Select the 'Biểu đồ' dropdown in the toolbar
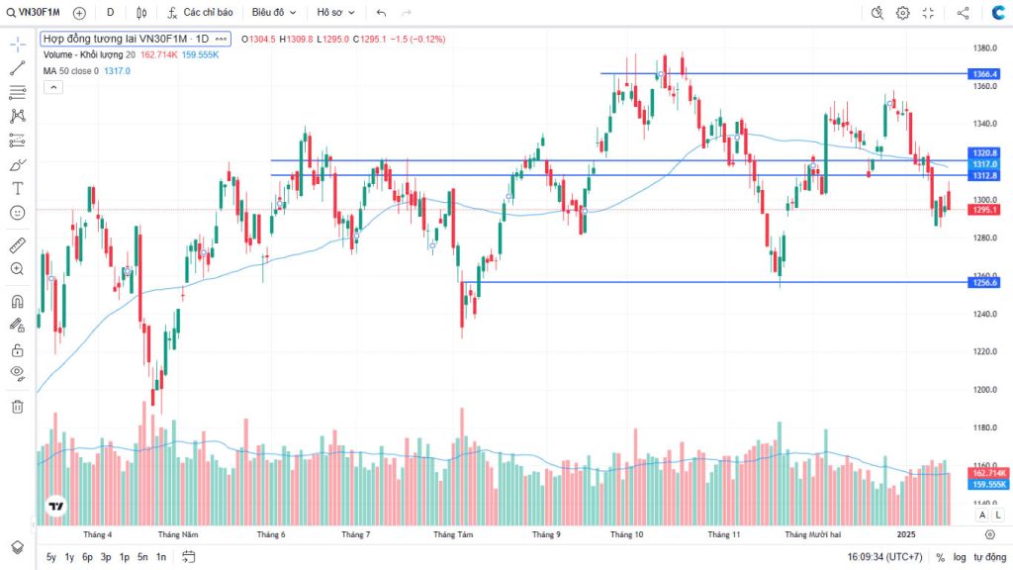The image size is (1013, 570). tap(273, 13)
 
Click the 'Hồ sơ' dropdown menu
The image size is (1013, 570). tap(335, 13)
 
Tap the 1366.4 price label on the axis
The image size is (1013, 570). tap(986, 74)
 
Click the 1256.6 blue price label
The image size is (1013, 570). tap(986, 282)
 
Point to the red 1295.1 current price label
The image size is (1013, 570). tap(986, 210)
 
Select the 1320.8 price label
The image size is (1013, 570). tap(986, 153)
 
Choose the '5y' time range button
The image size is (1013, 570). tap(51, 557)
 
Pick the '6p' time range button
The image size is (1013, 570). tap(87, 557)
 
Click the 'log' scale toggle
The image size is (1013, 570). tap(960, 557)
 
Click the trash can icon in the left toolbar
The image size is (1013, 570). tap(17, 406)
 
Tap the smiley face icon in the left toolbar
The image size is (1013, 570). tap(17, 213)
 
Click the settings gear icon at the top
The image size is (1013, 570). tap(902, 13)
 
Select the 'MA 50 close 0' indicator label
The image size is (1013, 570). tap(70, 70)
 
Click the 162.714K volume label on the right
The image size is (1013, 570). tap(986, 474)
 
